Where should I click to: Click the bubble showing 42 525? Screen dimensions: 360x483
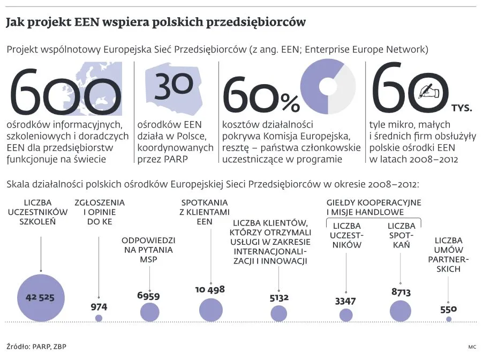tap(41, 298)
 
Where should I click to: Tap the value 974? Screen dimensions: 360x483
tap(99, 307)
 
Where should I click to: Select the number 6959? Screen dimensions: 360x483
tap(148, 296)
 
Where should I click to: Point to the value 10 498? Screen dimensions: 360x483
tap(210, 290)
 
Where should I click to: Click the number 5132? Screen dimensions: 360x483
tap(279, 298)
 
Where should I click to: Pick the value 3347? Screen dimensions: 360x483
tap(345, 301)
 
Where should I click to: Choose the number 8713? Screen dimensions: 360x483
tap(401, 292)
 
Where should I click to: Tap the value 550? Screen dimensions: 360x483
tap(449, 309)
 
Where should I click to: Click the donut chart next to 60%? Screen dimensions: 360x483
tap(328, 86)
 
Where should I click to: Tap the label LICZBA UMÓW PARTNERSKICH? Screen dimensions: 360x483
tap(449, 255)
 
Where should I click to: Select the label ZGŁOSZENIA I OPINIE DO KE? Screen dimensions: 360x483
tap(100, 212)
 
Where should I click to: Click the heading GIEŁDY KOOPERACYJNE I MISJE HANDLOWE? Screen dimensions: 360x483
tap(374, 207)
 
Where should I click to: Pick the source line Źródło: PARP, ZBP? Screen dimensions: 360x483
tap(36, 347)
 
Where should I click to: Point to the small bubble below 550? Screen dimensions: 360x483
tap(449, 319)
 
